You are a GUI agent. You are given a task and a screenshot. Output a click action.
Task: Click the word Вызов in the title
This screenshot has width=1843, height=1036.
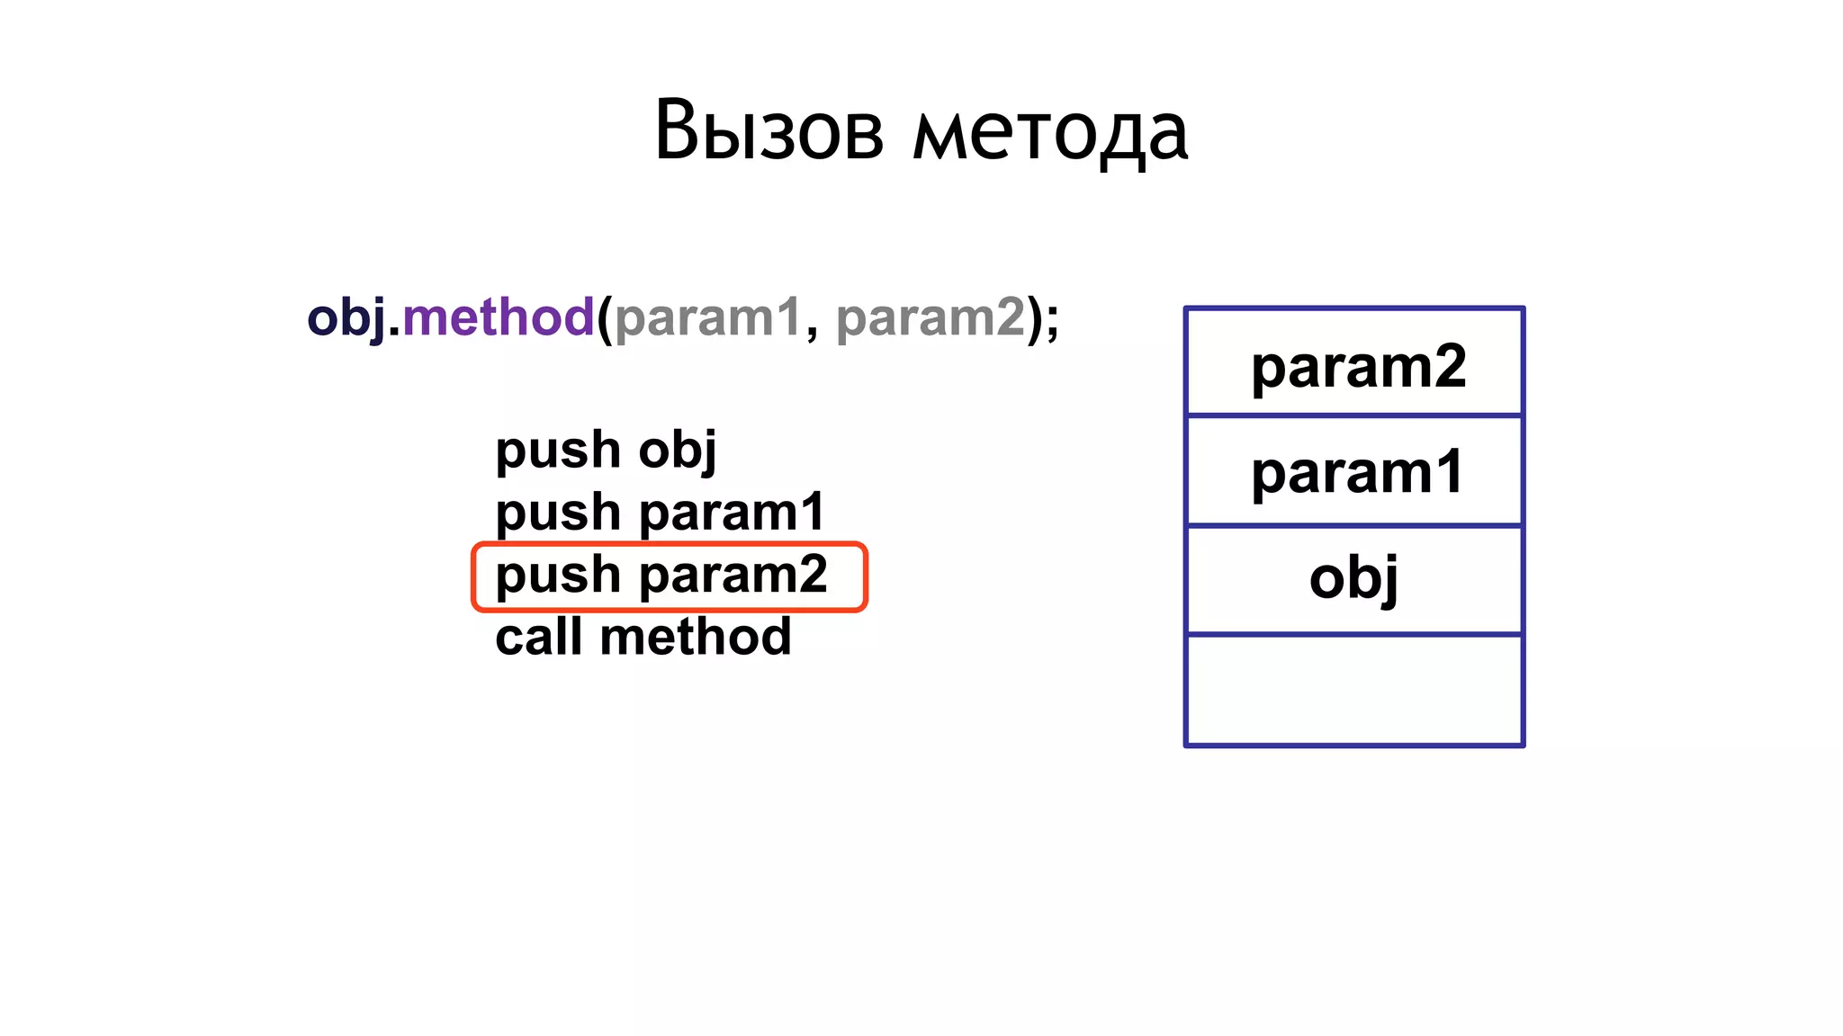tap(769, 131)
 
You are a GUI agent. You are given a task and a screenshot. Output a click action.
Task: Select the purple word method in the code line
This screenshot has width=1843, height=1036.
tap(498, 317)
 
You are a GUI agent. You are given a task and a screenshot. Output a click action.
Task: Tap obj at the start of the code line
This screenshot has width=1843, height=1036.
tap(346, 318)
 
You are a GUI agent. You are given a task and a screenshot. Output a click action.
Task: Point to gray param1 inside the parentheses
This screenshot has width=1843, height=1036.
tap(707, 317)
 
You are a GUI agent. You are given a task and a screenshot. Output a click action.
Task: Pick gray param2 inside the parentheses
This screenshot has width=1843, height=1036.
tap(930, 317)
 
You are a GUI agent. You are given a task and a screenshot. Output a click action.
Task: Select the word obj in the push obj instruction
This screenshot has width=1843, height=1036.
tap(677, 450)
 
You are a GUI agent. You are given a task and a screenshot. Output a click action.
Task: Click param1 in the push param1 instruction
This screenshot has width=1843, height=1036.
tap(732, 512)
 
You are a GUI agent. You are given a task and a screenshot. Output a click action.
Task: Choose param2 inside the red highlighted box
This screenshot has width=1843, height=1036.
tap(733, 576)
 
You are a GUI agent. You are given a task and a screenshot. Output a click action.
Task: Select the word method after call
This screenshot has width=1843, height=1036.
tap(695, 637)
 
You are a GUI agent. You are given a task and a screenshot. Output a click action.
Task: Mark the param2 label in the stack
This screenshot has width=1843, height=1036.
tap(1358, 367)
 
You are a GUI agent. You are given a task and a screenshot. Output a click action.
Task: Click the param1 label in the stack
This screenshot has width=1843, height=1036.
tap(1358, 473)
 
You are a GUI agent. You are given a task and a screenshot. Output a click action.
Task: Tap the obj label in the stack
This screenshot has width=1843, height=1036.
tap(1353, 578)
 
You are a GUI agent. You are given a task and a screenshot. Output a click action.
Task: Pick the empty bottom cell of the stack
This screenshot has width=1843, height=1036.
tap(1353, 690)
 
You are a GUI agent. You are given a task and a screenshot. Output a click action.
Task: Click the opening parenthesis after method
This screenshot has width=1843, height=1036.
tap(604, 318)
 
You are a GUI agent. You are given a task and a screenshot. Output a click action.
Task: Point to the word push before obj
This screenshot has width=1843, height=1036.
tap(558, 450)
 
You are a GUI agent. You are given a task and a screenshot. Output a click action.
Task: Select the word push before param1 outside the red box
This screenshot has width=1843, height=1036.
tap(558, 513)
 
